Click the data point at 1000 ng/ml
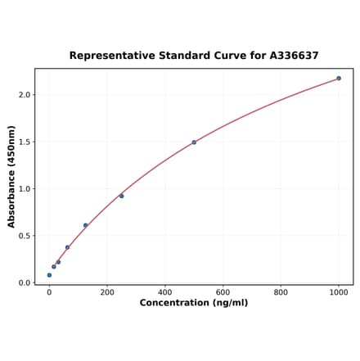(x=339, y=79)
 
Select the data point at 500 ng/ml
(x=194, y=142)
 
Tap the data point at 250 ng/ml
(x=122, y=196)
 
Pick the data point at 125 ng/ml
(x=85, y=225)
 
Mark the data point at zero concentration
(x=49, y=275)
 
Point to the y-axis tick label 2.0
(x=25, y=95)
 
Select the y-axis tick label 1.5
(x=25, y=142)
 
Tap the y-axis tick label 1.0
(x=25, y=189)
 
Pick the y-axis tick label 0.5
(x=25, y=236)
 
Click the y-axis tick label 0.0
(x=25, y=283)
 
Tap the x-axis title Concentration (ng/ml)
(x=194, y=303)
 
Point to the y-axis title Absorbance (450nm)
(x=11, y=177)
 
